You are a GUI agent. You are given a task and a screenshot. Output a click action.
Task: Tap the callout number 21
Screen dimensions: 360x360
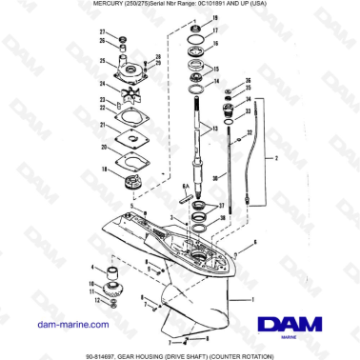coord(102,126)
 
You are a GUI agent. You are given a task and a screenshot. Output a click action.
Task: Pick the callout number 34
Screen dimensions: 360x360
coord(250,98)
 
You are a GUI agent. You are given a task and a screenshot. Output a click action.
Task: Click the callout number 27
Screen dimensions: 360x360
coord(102,34)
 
